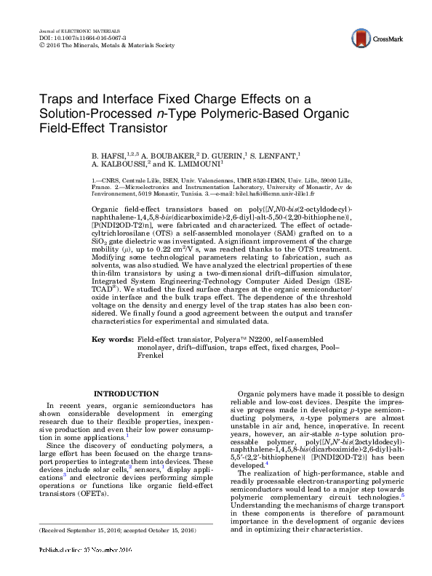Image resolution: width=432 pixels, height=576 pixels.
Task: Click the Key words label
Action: click(113, 340)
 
